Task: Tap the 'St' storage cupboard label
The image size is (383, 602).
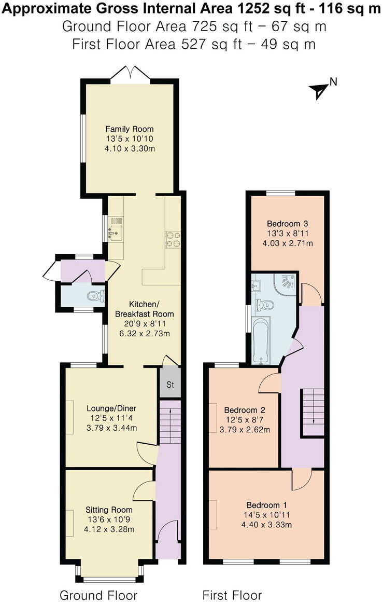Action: tap(170, 385)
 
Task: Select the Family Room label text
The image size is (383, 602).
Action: tap(130, 129)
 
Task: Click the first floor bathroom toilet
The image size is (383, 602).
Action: tap(265, 305)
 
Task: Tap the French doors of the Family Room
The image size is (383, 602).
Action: tap(130, 74)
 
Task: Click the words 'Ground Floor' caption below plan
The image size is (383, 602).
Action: tap(98, 595)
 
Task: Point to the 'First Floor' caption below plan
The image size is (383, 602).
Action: tap(232, 595)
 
